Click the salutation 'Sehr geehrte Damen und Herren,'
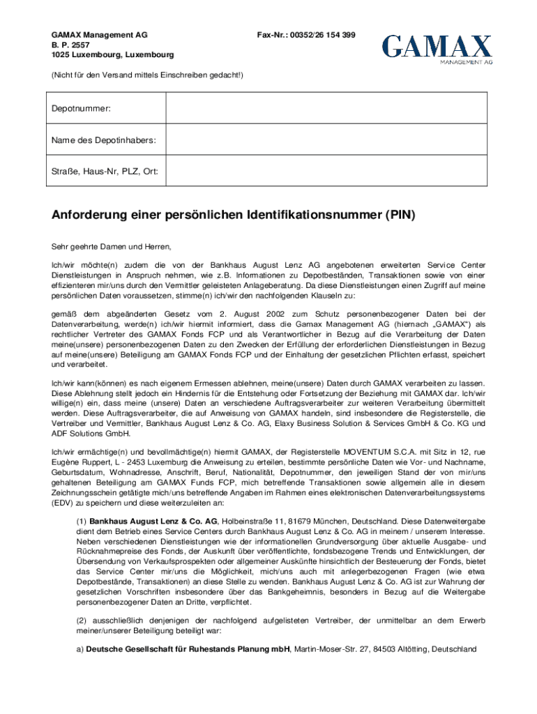pyautogui.click(x=111, y=247)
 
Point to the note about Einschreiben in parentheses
pyautogui.click(x=147, y=73)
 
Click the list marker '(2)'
pyautogui.click(x=82, y=620)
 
